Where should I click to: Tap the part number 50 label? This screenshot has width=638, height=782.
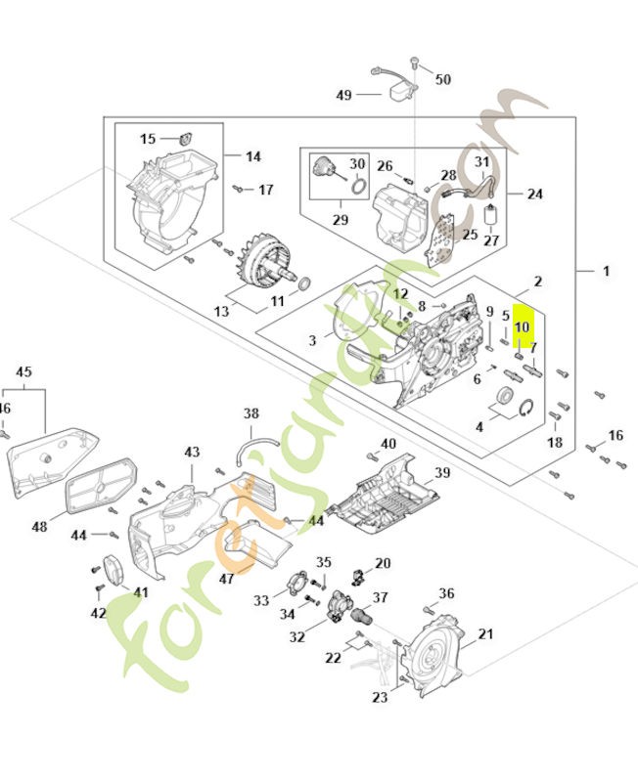tap(442, 78)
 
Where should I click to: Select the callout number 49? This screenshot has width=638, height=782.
tap(342, 95)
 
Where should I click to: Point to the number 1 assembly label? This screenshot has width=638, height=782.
tap(606, 270)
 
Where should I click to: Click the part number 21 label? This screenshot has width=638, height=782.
tap(485, 634)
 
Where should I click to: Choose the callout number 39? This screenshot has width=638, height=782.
tap(442, 472)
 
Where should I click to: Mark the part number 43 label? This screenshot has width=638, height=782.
tap(192, 452)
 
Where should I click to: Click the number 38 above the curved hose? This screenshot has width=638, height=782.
tap(251, 413)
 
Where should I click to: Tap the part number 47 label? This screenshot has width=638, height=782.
tap(226, 579)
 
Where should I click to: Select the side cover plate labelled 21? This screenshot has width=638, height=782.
tap(434, 655)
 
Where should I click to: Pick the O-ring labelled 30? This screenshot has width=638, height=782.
tap(359, 186)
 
